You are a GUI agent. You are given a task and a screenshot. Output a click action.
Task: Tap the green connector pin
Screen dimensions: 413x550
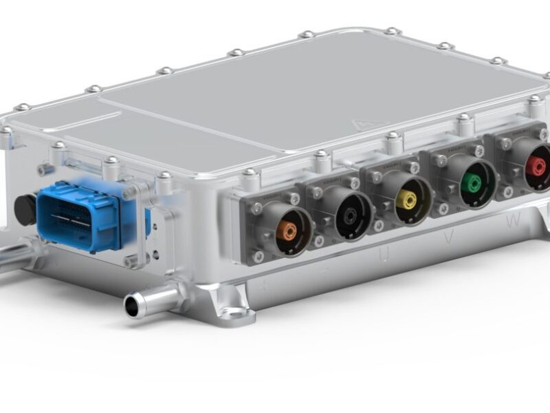pos(471,183)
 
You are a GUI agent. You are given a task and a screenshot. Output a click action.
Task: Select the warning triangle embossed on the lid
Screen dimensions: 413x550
pos(360,124)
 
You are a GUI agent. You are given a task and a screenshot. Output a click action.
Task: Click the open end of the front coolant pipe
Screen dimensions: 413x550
pos(133,304)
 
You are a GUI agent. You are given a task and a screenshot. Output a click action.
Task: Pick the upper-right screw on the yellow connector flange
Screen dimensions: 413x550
pos(414,167)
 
